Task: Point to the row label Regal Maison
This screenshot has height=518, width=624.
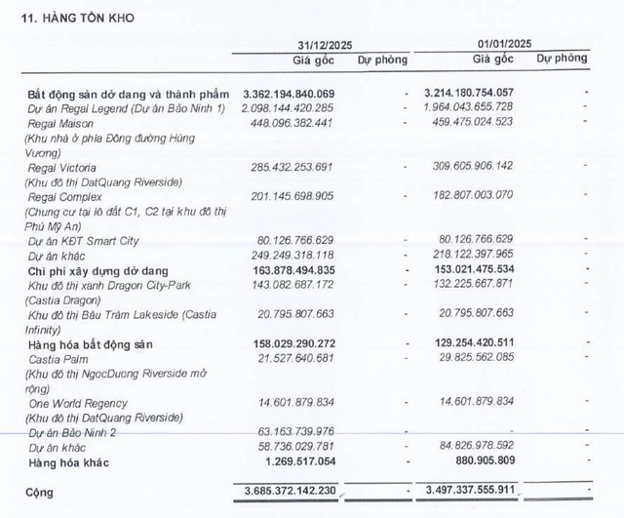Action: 66,122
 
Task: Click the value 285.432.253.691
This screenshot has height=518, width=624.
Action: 305,168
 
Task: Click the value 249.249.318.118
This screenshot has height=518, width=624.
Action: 305,255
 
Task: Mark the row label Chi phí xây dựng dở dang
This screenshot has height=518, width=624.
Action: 98,269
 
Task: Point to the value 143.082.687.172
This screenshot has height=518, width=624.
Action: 305,284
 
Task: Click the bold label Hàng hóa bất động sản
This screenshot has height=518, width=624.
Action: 91,345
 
